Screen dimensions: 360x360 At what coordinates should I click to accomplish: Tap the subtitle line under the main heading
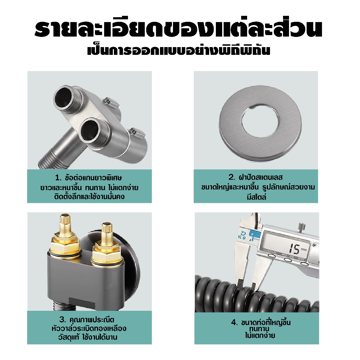tap(179, 51)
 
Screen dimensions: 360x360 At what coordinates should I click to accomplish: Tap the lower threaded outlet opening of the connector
tap(92, 130)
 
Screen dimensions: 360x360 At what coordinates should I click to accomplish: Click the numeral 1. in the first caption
tap(58, 178)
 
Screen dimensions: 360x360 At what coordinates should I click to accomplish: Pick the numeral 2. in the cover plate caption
tap(232, 177)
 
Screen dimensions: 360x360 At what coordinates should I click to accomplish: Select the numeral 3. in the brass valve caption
tap(63, 320)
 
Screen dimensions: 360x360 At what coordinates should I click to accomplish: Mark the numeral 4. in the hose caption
tap(234, 323)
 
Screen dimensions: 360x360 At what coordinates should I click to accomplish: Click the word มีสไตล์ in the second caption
tap(257, 197)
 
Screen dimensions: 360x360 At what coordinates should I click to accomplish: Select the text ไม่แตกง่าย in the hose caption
tap(260, 336)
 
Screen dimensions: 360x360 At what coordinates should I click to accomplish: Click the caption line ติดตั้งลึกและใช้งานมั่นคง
tap(90, 197)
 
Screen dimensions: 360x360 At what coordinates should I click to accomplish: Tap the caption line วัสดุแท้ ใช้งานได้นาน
tap(88, 337)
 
